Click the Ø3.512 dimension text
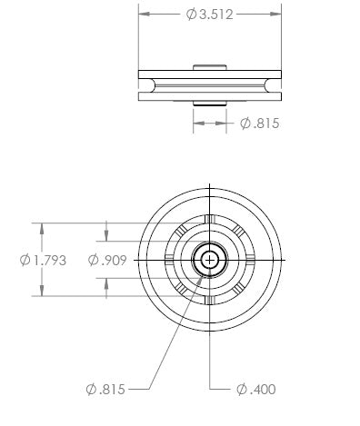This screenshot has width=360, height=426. coord(210,15)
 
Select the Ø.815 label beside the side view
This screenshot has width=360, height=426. coord(259,124)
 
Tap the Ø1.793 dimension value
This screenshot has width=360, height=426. coord(43,260)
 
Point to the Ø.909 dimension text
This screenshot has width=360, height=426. coord(107,260)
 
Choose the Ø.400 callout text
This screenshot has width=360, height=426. coord(256,389)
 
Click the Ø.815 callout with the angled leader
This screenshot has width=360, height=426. coord(105,389)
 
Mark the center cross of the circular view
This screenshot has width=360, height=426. coord(210,260)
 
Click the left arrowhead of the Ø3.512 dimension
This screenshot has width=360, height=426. coord(145,14)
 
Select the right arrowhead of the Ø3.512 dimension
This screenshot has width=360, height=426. coord(275,14)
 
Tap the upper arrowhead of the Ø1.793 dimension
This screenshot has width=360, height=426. coord(42,229)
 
